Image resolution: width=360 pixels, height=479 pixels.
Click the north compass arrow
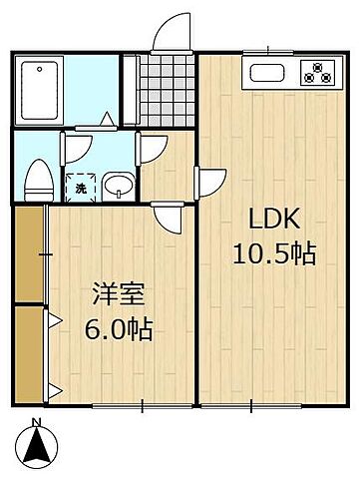click(37, 445)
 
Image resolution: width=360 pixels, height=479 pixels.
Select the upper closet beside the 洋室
click(29, 253)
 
